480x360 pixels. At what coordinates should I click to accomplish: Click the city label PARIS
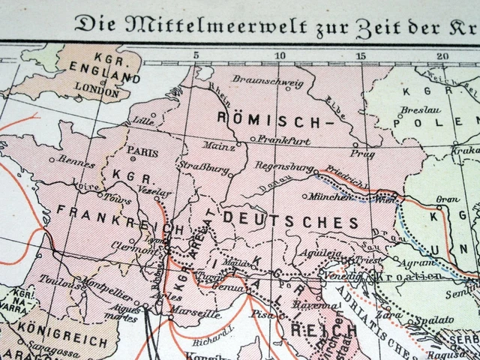(143, 150)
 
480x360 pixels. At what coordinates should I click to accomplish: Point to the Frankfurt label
(283, 139)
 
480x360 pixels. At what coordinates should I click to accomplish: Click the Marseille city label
(196, 314)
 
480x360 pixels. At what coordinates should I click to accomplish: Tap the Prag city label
(361, 153)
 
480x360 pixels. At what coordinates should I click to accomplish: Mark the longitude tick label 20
(442, 55)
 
